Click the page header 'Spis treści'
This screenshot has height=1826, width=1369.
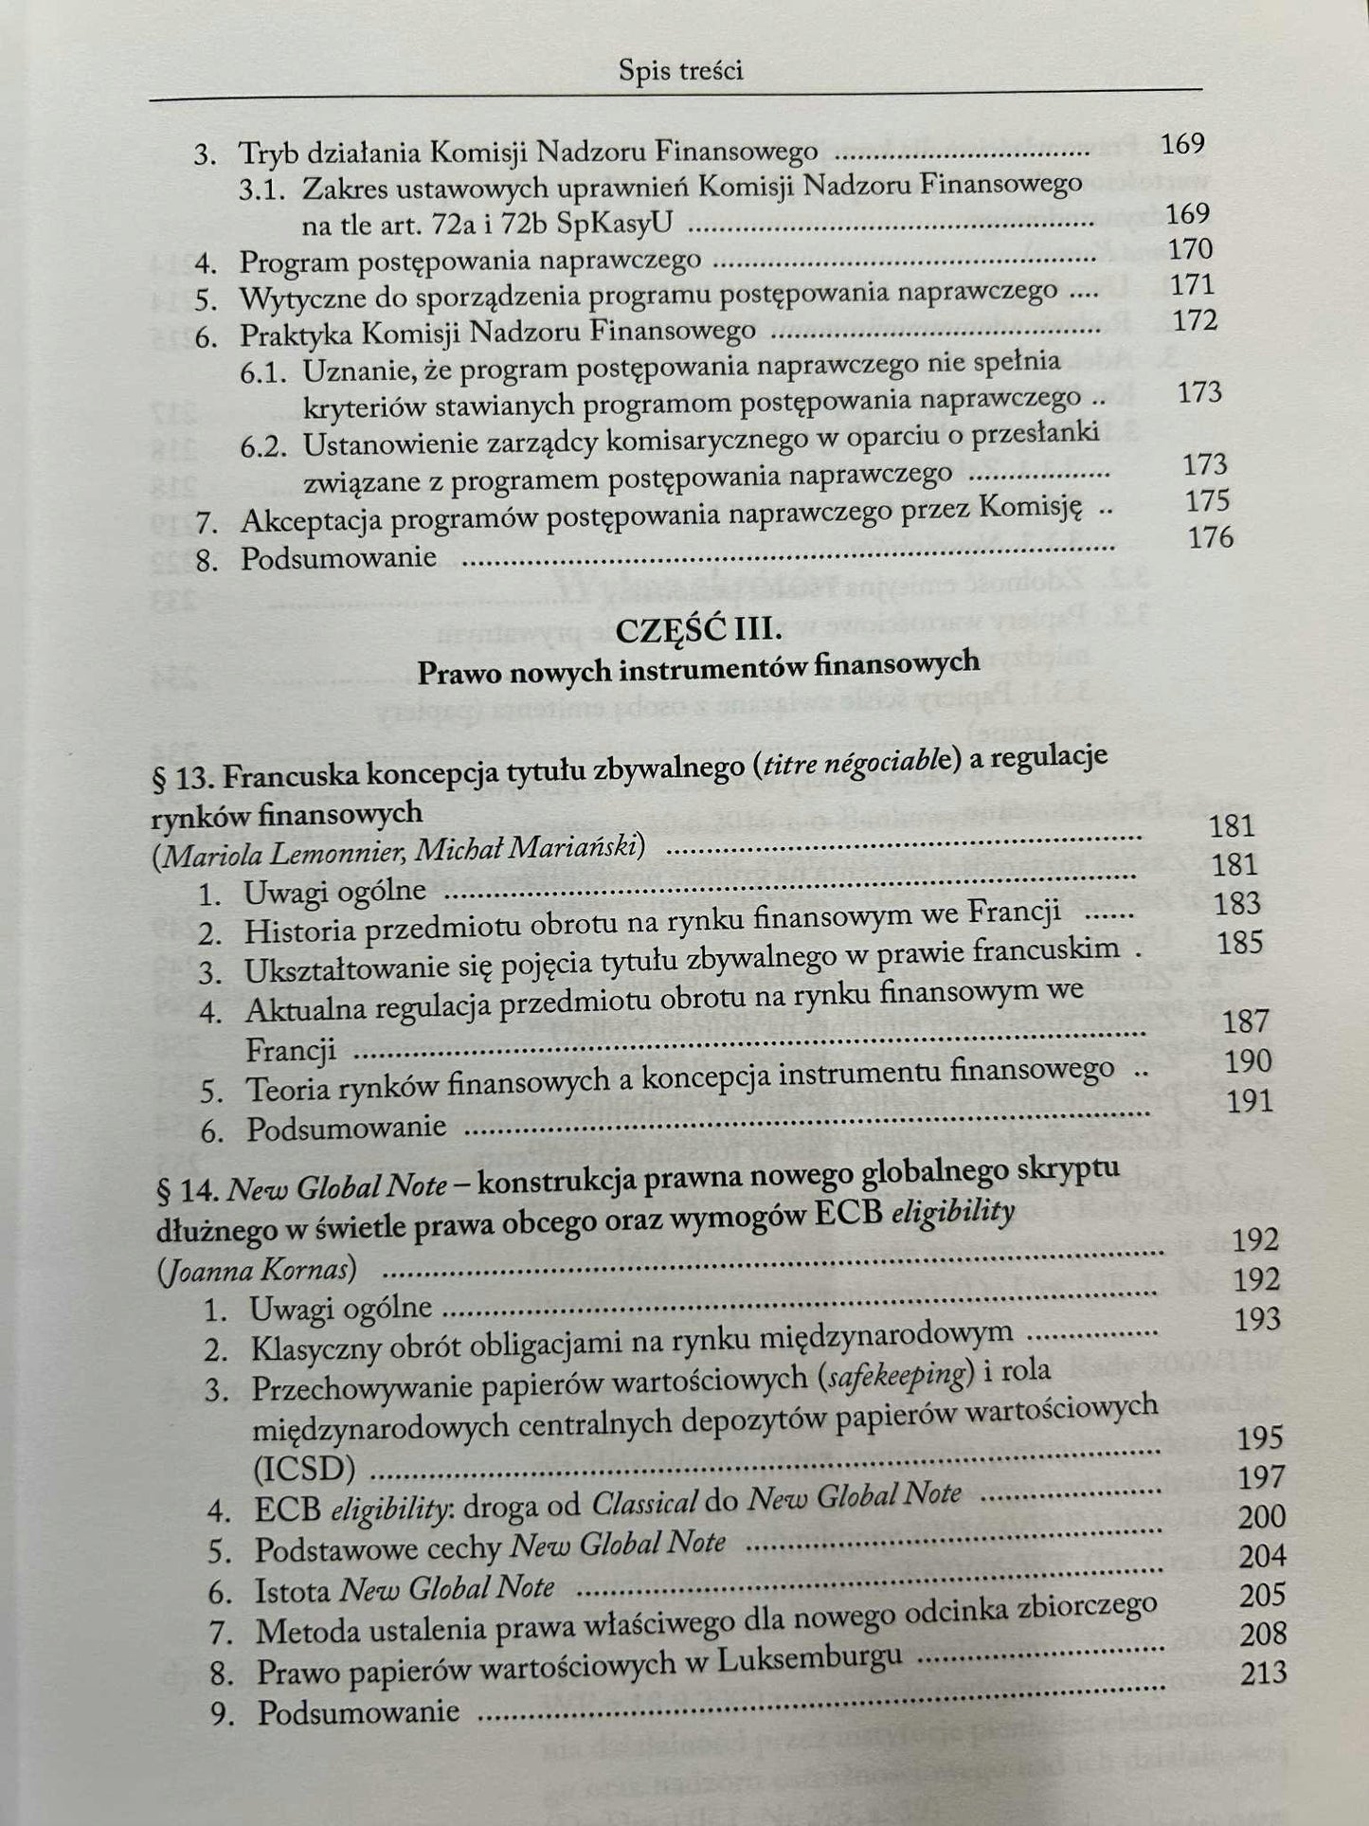679,70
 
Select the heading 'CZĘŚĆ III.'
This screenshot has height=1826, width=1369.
696,627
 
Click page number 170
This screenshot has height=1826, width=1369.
1191,249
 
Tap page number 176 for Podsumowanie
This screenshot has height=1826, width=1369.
1210,537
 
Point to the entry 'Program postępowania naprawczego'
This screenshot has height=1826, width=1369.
470,261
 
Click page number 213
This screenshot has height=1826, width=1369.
1264,1672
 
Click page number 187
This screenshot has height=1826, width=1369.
1246,1021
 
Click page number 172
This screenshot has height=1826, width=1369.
1194,320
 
